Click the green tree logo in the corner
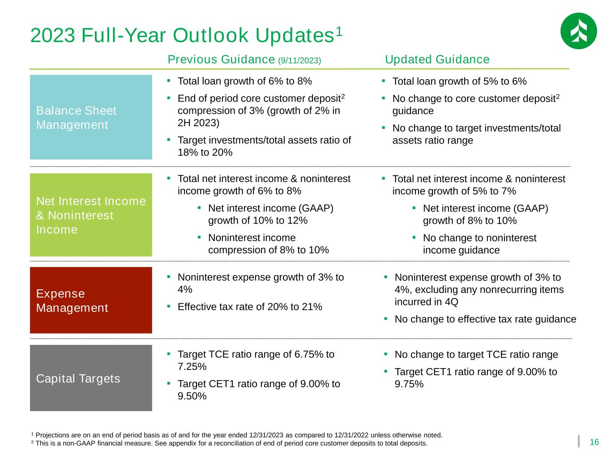(578, 31)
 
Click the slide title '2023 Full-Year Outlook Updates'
(186, 35)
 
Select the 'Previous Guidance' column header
(221, 59)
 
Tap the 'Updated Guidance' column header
(437, 59)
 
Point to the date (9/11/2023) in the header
(299, 61)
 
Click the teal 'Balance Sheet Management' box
(91, 117)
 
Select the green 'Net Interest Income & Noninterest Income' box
(91, 215)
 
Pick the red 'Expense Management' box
(91, 300)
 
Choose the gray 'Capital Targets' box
(91, 378)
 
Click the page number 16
(594, 442)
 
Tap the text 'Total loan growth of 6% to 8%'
(245, 81)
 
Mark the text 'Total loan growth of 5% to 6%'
(459, 81)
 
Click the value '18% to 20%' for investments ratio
(205, 153)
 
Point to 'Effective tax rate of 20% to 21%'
(250, 307)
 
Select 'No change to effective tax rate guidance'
(485, 319)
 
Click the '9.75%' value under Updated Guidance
(409, 384)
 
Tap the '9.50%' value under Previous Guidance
(192, 396)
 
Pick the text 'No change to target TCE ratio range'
(476, 355)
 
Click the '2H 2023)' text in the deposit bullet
(198, 123)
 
